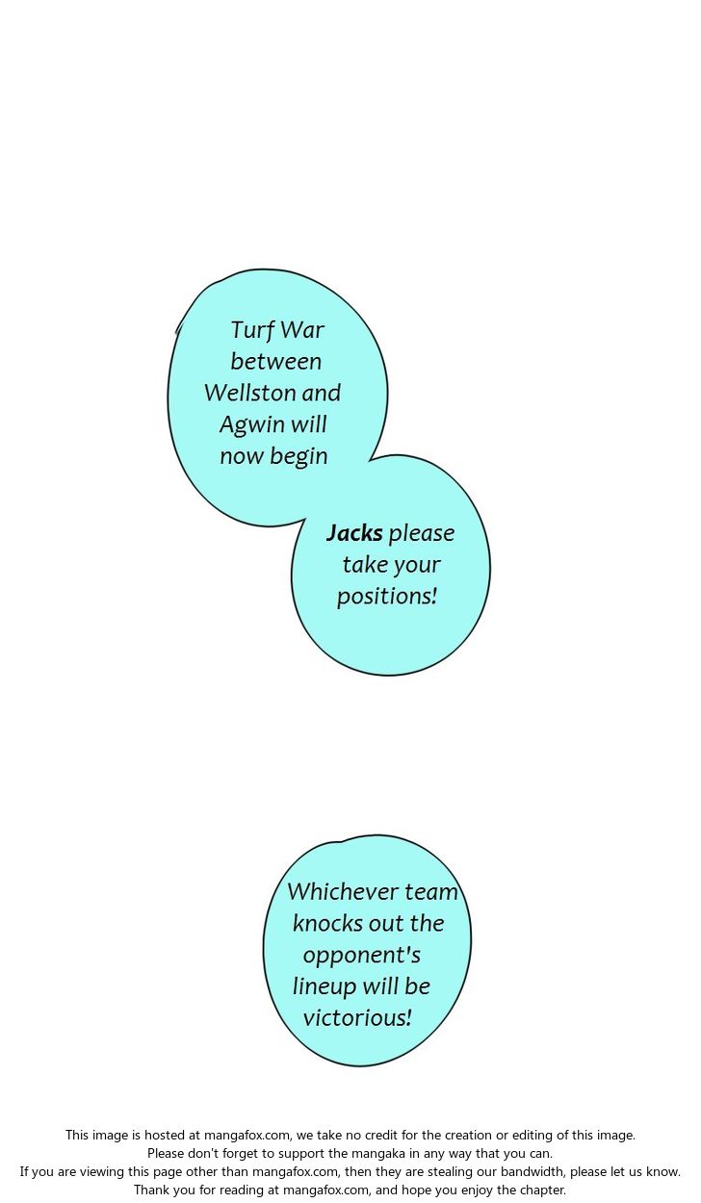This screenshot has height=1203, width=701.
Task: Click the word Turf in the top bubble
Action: click(x=252, y=331)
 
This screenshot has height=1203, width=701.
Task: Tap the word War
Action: click(x=302, y=331)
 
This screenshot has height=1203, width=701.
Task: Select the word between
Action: click(x=276, y=362)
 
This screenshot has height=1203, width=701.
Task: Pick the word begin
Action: click(x=299, y=456)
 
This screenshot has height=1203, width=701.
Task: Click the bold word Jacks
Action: click(x=354, y=533)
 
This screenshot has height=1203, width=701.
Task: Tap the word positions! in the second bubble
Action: click(x=387, y=596)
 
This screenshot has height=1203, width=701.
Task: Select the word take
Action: click(x=364, y=565)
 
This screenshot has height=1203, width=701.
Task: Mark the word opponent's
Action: click(x=361, y=956)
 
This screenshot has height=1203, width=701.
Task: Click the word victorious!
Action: click(x=357, y=1018)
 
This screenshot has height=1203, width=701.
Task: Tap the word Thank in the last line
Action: click(x=152, y=1190)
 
